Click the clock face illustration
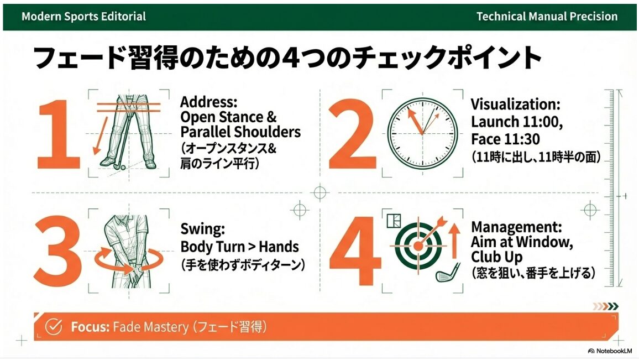[x=423, y=133]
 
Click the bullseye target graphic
[x=418, y=244]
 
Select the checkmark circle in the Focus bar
[x=53, y=327]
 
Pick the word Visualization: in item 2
[x=515, y=105]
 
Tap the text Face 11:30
[x=505, y=138]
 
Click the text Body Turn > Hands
[x=239, y=247]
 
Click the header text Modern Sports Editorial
[x=83, y=16]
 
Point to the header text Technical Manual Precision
[x=547, y=16]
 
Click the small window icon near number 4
[x=394, y=221]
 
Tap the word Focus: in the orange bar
[x=90, y=327]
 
